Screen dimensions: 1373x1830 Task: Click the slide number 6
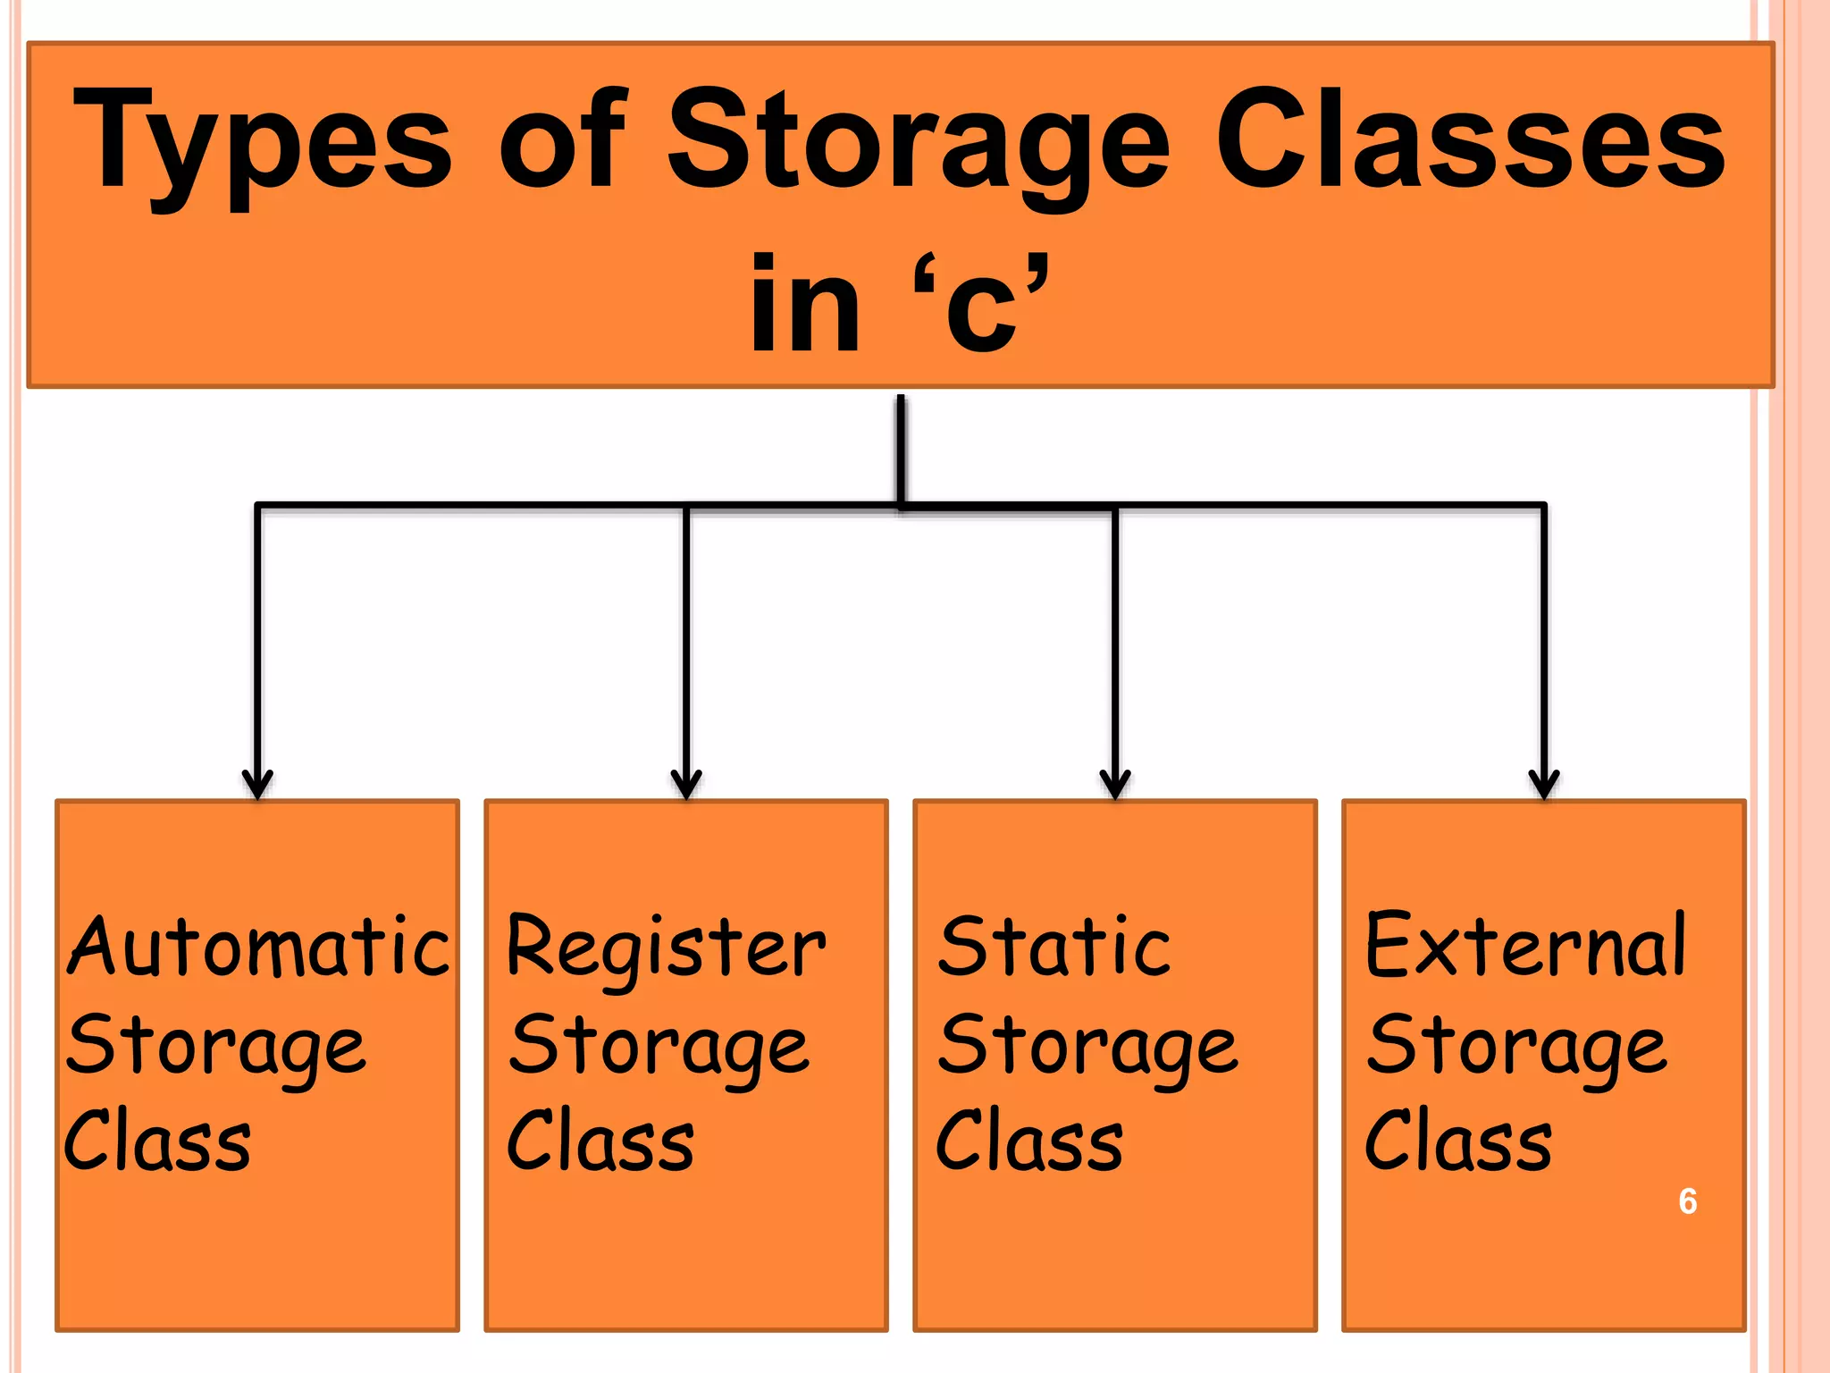(x=1687, y=1201)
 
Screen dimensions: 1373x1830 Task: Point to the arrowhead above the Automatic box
(x=258, y=784)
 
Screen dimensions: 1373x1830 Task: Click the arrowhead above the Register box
(x=686, y=784)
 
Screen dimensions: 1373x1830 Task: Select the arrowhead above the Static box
(x=1115, y=784)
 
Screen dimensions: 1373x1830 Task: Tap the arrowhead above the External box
(x=1544, y=784)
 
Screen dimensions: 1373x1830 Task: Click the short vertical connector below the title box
(x=901, y=447)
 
